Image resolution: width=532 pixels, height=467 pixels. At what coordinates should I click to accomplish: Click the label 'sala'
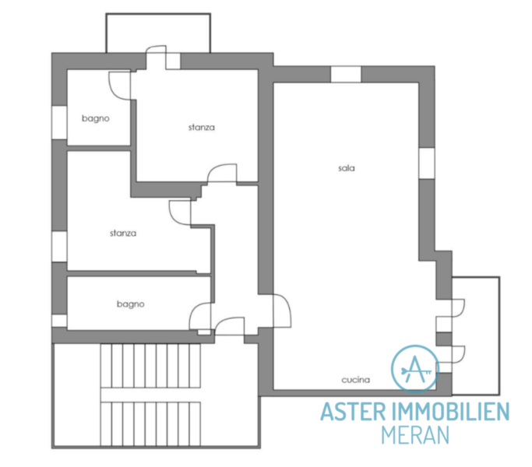[x=347, y=168]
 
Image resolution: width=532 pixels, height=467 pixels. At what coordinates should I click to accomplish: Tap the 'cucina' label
[x=355, y=380]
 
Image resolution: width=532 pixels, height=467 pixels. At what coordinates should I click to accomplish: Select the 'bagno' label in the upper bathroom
[x=96, y=119]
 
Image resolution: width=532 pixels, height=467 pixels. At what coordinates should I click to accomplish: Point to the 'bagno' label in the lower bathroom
[x=131, y=304]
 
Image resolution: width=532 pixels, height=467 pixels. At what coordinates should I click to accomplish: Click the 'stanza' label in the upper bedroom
[x=202, y=128]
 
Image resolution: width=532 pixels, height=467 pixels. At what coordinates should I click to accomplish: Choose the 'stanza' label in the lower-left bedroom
[x=123, y=233]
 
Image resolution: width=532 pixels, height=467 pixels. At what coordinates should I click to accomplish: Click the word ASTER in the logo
[x=353, y=412]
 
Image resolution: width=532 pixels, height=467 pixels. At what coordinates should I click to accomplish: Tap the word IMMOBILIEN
[x=450, y=412]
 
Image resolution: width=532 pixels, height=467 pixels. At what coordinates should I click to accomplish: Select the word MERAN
[x=415, y=435]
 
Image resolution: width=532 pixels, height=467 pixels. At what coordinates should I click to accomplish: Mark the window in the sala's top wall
[x=346, y=74]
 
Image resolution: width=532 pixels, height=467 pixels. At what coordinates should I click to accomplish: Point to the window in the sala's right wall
[x=427, y=163]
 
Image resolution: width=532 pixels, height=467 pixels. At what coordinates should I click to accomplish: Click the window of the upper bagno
[x=59, y=122]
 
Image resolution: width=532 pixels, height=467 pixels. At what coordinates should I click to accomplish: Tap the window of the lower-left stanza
[x=59, y=247]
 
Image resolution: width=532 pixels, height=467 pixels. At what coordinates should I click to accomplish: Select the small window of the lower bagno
[x=59, y=321]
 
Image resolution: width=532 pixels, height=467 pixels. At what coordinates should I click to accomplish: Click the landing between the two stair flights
[x=150, y=395]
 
